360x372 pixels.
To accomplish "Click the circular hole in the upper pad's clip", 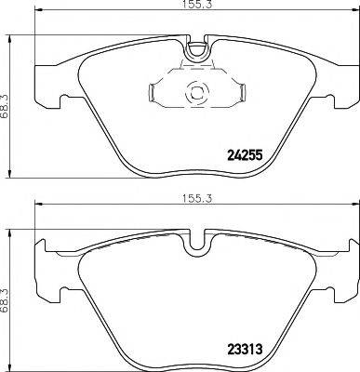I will pos(196,92).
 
